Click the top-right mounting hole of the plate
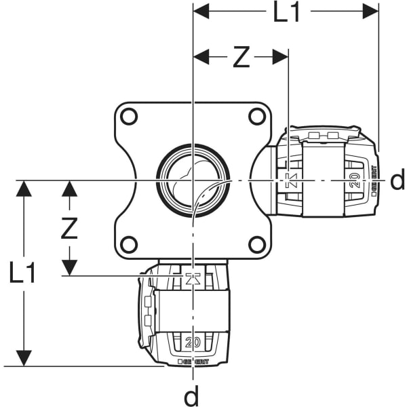(x=256, y=117)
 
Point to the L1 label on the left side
(x=22, y=273)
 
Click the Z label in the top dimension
(x=241, y=58)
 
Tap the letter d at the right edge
(x=398, y=180)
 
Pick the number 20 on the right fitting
(x=353, y=180)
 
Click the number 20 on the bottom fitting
(x=193, y=343)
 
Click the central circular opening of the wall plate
(x=193, y=180)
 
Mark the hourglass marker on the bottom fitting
(x=193, y=277)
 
